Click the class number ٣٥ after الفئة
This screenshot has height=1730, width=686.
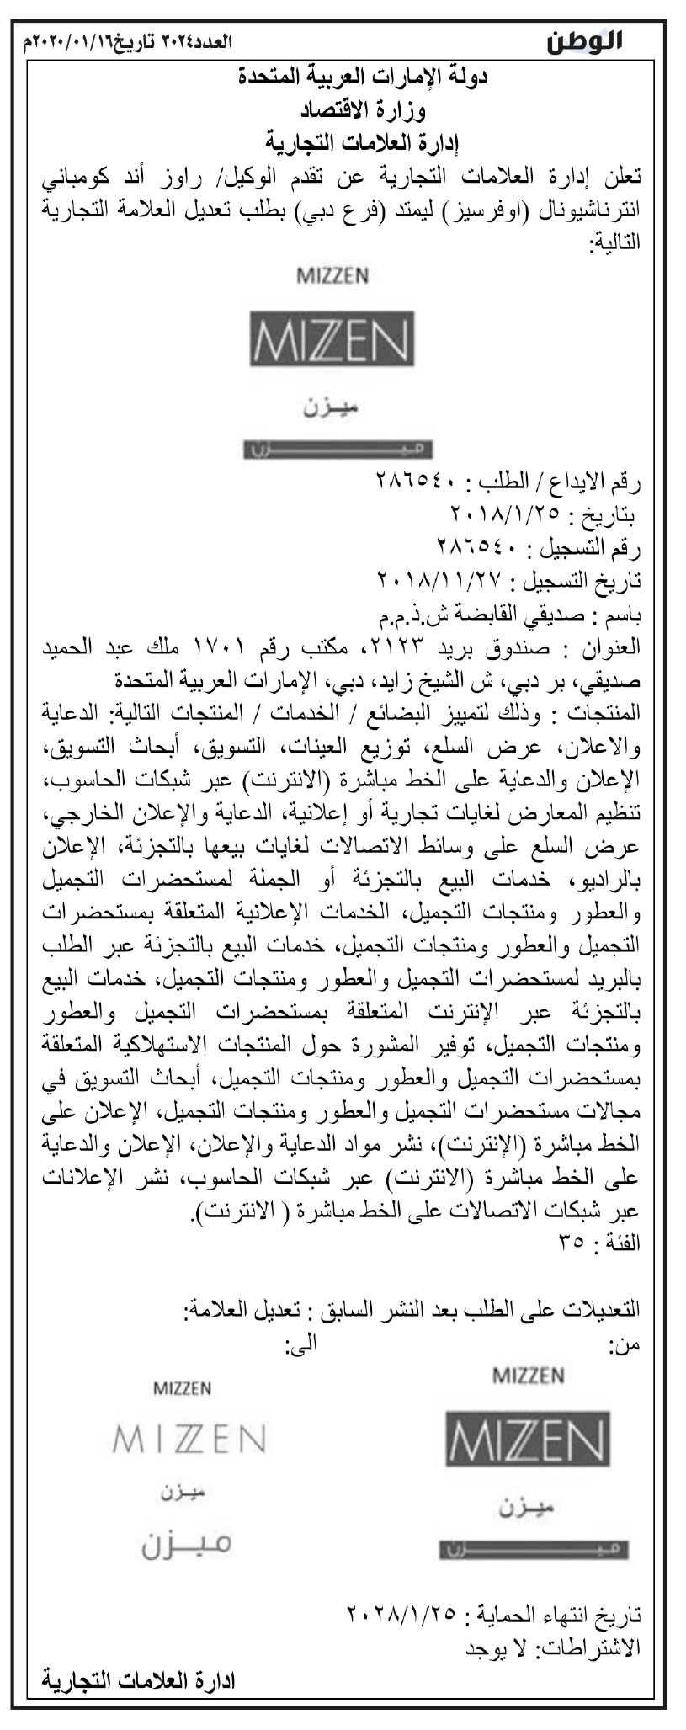(x=574, y=1244)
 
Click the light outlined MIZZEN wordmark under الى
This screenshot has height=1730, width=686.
(x=189, y=1439)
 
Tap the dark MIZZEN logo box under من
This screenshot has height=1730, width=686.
(x=528, y=1439)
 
